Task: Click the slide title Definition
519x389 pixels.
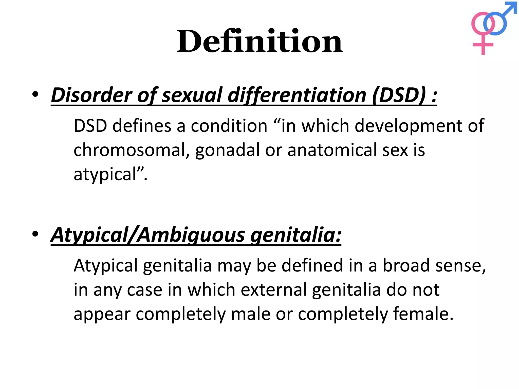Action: [x=259, y=41]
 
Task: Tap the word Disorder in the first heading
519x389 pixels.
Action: [x=91, y=95]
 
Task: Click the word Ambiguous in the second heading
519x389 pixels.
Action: [x=192, y=235]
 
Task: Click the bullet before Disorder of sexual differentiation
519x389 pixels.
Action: [x=35, y=94]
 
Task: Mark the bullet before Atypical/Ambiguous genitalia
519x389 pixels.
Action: [x=35, y=234]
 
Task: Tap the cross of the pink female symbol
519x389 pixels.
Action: [x=483, y=45]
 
